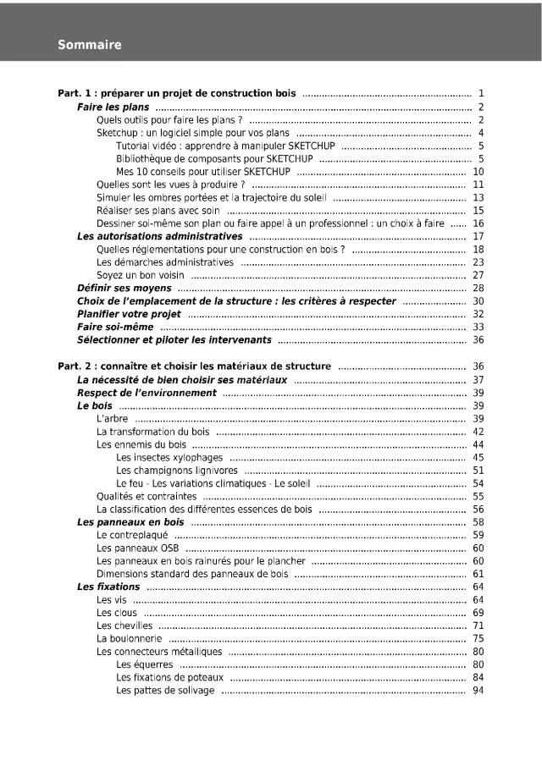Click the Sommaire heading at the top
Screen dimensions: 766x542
tap(90, 45)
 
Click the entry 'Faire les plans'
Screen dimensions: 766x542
tap(113, 107)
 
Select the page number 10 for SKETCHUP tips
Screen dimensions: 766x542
tap(478, 171)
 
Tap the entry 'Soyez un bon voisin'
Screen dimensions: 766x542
tap(141, 275)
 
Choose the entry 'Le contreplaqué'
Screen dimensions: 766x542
tap(132, 535)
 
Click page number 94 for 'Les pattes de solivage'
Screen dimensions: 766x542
tap(478, 691)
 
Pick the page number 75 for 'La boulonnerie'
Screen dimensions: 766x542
tap(478, 638)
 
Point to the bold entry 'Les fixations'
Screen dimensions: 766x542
tap(108, 587)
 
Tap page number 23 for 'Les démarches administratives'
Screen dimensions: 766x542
tap(478, 262)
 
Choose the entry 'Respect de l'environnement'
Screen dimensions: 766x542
tap(147, 393)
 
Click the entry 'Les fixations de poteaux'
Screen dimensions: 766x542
tap(169, 677)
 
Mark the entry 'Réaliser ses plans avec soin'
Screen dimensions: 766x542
tap(158, 210)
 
